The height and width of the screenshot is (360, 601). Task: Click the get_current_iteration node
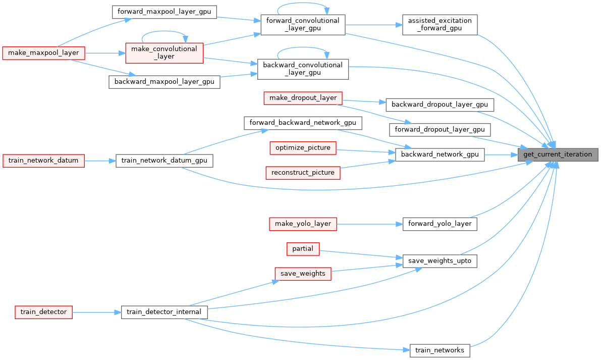coord(558,155)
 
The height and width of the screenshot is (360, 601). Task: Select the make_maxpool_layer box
coord(44,53)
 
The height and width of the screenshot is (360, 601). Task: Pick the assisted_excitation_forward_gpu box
coord(440,24)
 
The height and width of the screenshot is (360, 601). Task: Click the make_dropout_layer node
coord(303,98)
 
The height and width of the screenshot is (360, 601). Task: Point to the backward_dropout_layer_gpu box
coord(440,105)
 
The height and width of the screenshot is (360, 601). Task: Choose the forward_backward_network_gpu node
coord(303,123)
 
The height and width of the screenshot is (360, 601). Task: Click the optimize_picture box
coord(303,148)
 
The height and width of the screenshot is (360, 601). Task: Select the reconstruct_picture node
coord(303,173)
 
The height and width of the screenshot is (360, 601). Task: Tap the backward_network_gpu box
coord(440,155)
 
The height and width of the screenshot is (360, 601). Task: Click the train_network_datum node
coord(44,161)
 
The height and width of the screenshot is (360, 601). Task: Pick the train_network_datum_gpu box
coord(165,161)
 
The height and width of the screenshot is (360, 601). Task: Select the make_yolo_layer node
coord(303,224)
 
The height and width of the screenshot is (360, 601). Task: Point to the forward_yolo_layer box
coord(440,224)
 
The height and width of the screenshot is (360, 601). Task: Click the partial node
coord(303,248)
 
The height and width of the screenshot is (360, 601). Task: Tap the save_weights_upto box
coord(440,261)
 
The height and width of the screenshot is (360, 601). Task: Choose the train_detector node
coord(44,312)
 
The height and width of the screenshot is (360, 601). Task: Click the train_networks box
coord(440,350)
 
